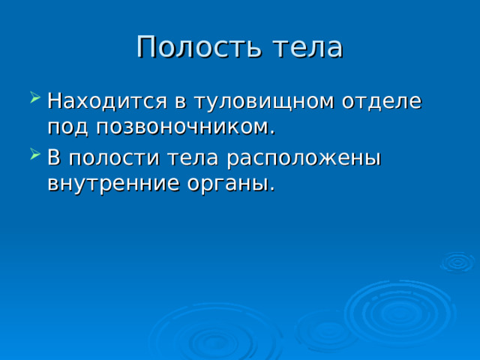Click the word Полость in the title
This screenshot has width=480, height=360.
coord(199,47)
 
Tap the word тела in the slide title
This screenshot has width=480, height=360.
coord(308,47)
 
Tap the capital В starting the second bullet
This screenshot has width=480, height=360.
coord(54,157)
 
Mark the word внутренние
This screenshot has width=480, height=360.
coord(110,184)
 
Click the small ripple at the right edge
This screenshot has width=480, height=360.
coord(457,262)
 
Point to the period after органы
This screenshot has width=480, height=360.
coord(271,190)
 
